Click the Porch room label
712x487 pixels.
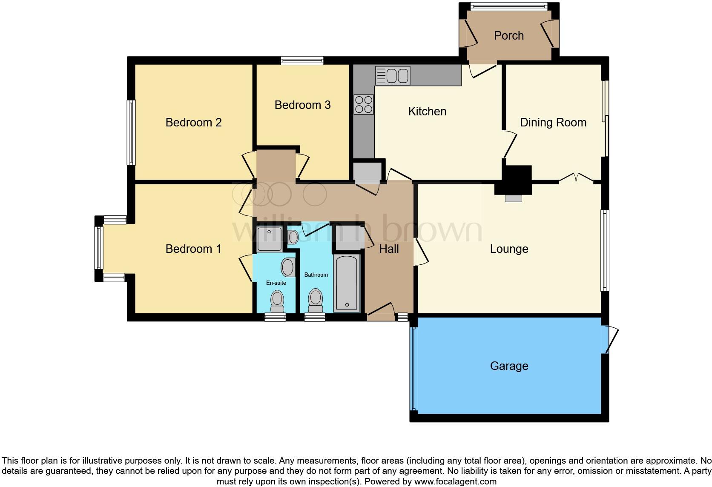[x=508, y=36]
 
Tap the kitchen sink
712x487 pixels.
[x=393, y=76]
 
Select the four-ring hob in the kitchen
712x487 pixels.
[x=364, y=104]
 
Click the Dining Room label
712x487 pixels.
[x=553, y=123]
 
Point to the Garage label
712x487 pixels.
[x=509, y=366]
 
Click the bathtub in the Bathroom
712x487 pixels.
[x=347, y=283]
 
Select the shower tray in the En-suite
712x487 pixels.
[x=270, y=239]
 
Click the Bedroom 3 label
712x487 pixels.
[x=302, y=105]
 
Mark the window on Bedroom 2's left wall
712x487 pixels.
[x=132, y=132]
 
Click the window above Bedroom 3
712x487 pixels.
[x=302, y=61]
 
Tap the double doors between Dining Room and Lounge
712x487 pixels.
[x=576, y=178]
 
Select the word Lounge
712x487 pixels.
[x=509, y=249]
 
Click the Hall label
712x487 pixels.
[x=389, y=249]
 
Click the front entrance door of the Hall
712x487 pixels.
[x=381, y=313]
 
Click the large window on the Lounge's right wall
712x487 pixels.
[x=605, y=250]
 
